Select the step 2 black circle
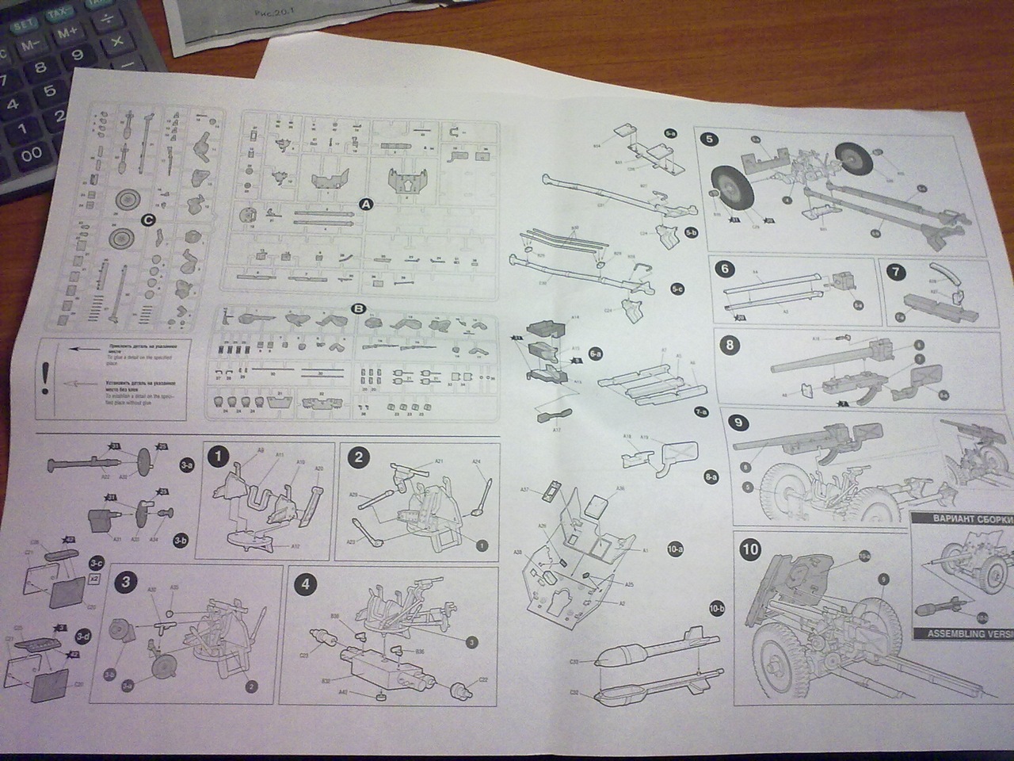pyautogui.click(x=359, y=457)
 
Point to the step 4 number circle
pyautogui.click(x=306, y=585)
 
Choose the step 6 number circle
pyautogui.click(x=724, y=268)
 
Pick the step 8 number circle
pyautogui.click(x=730, y=344)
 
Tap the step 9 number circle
pyautogui.click(x=739, y=423)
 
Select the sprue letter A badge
pyautogui.click(x=366, y=204)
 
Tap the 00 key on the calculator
pyautogui.click(x=31, y=155)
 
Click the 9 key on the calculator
pyautogui.click(x=77, y=55)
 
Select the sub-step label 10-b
pyautogui.click(x=718, y=608)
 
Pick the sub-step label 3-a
pyautogui.click(x=186, y=464)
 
